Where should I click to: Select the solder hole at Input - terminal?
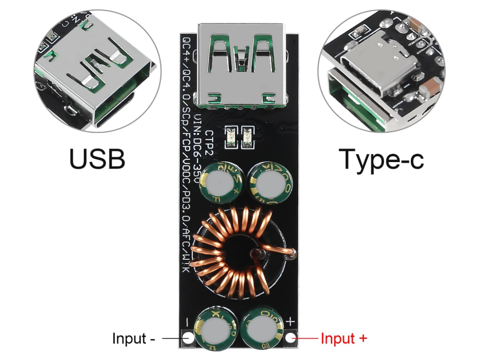click(x=189, y=339)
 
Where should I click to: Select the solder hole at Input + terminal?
click(x=291, y=339)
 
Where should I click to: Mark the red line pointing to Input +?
click(x=307, y=339)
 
